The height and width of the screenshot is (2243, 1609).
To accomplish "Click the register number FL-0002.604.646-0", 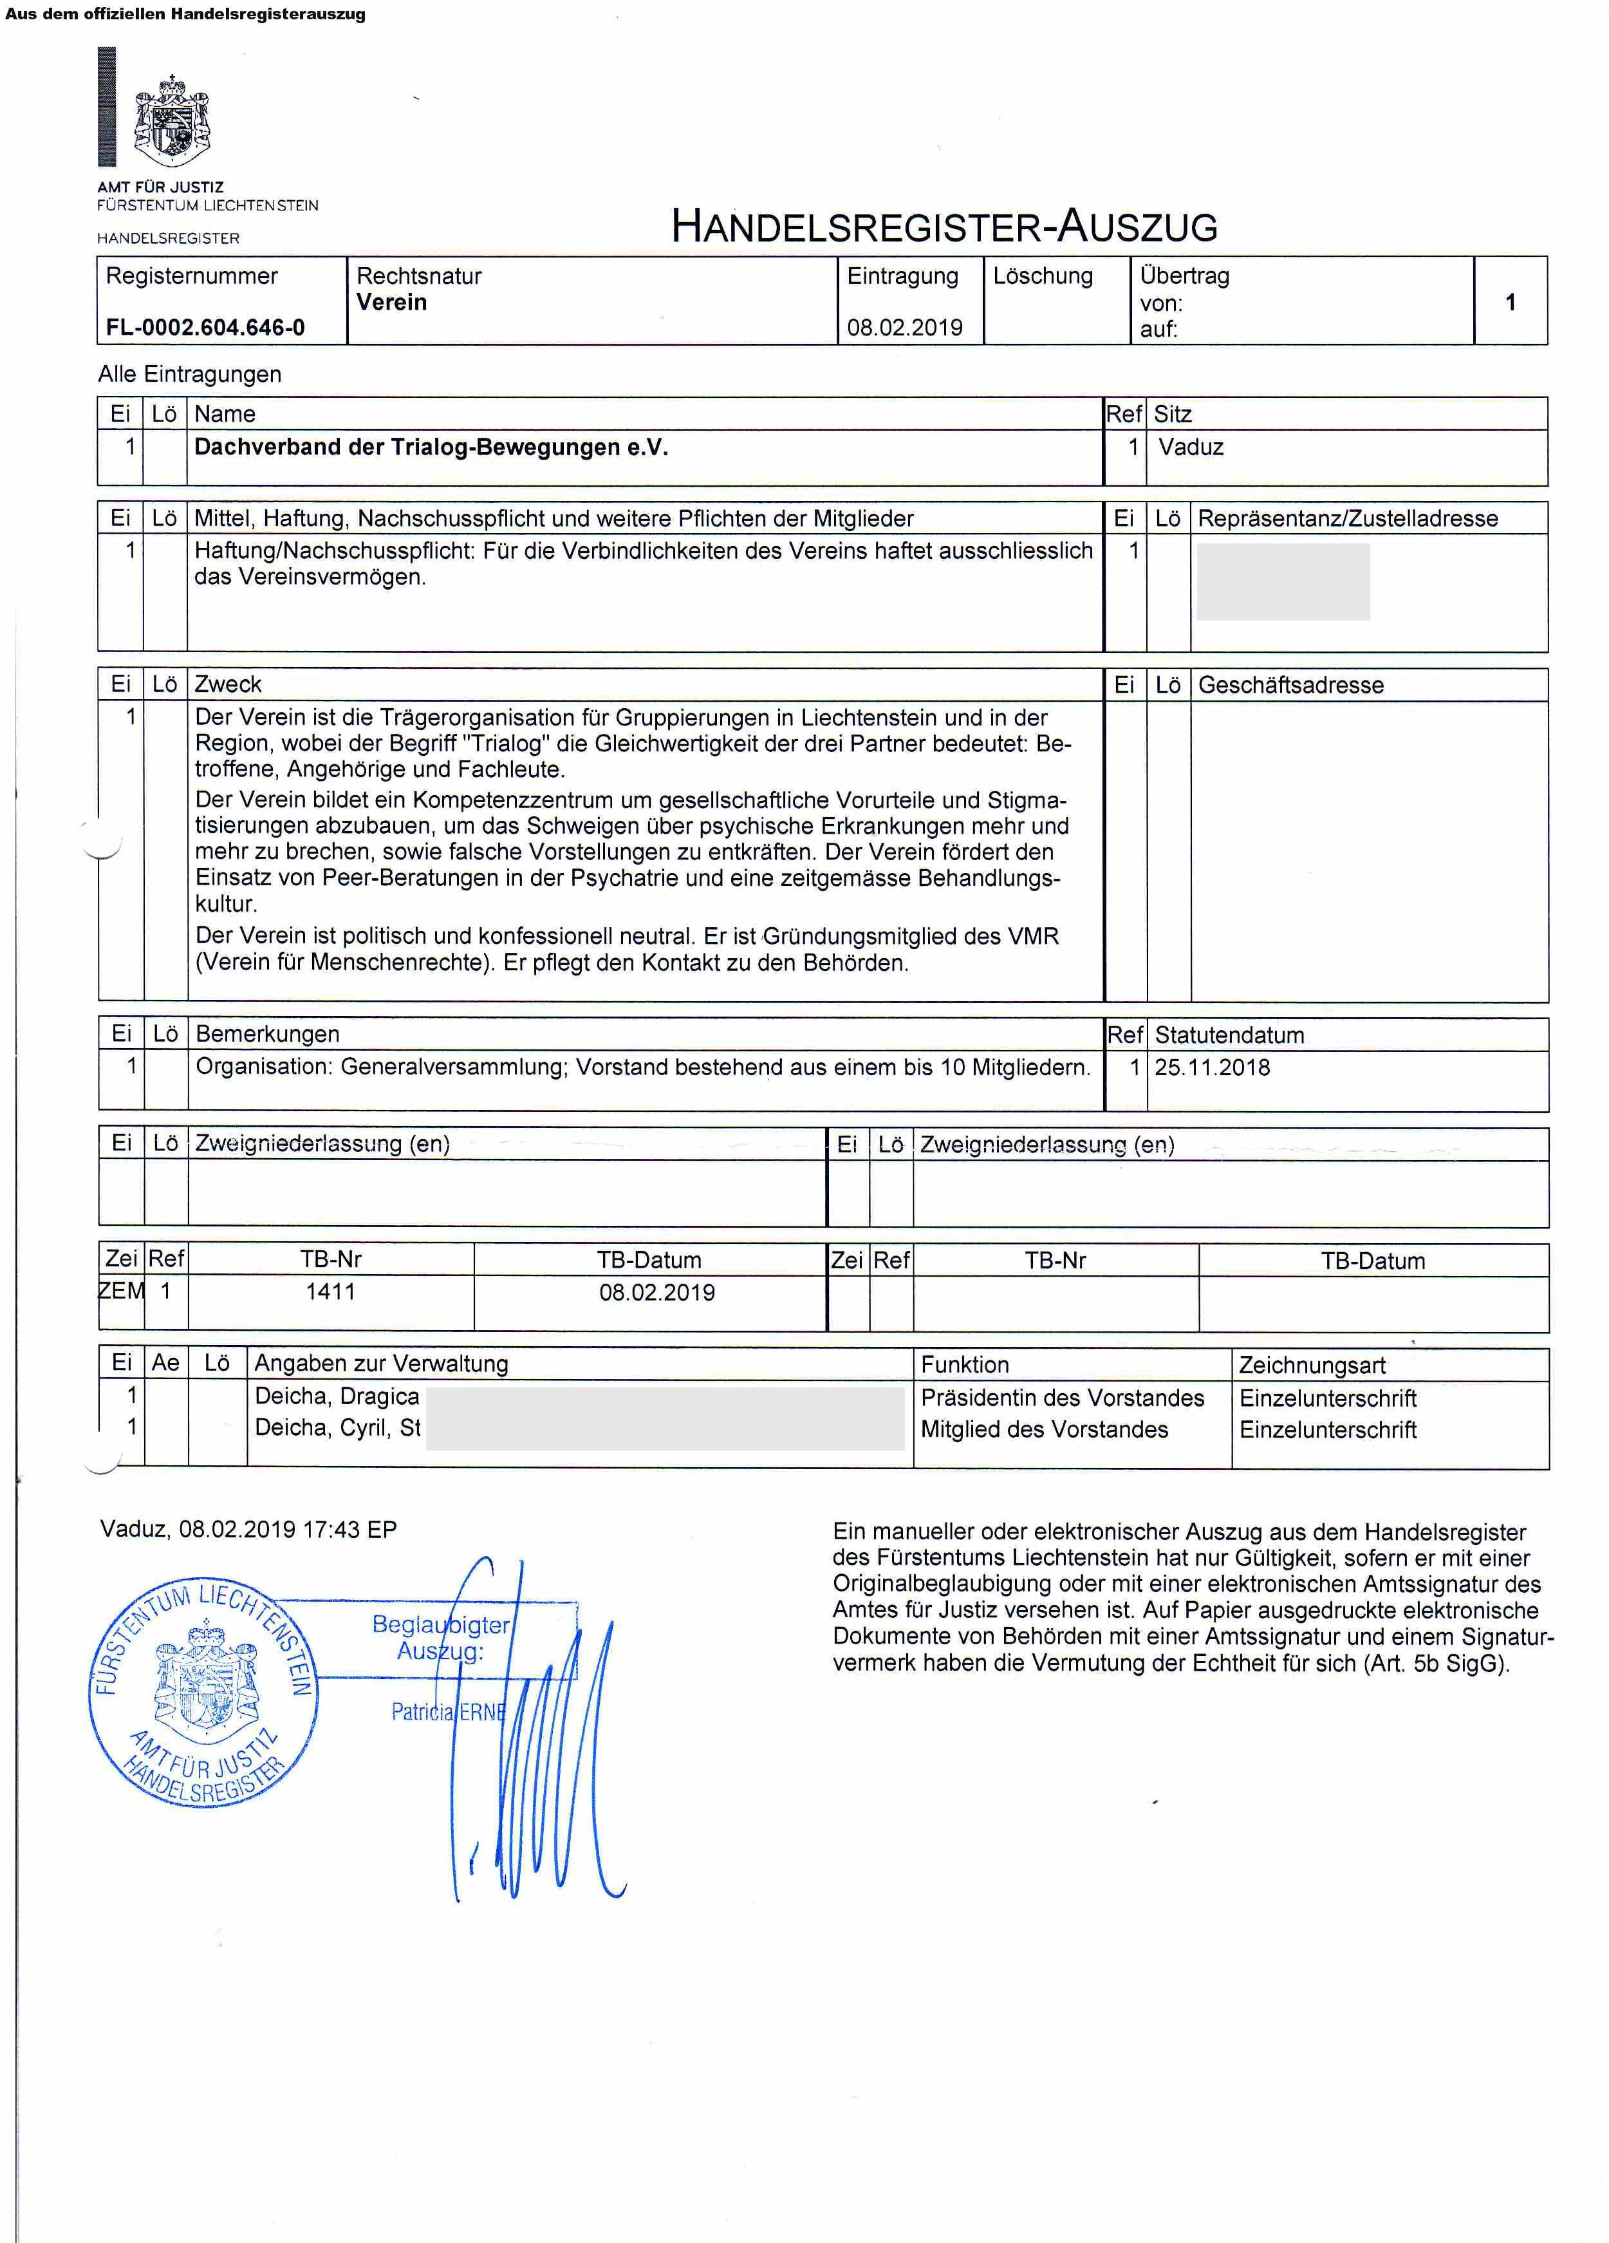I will pyautogui.click(x=205, y=327).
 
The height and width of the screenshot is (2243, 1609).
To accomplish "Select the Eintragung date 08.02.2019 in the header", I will pyautogui.click(x=904, y=327).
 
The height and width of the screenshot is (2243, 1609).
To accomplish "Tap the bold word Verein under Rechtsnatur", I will pyautogui.click(x=391, y=303).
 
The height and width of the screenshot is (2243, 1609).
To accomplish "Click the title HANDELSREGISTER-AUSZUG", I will pyautogui.click(x=944, y=227).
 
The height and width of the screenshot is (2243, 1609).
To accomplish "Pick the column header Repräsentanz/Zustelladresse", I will pyautogui.click(x=1347, y=518).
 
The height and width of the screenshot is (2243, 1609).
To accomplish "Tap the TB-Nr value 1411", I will pyautogui.click(x=330, y=1291).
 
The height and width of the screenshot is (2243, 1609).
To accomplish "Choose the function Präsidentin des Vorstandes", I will pyautogui.click(x=1062, y=1398).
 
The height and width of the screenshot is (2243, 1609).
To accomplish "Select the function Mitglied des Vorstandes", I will pyautogui.click(x=1045, y=1429).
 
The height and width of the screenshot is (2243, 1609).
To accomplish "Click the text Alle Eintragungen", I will pyautogui.click(x=189, y=374).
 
